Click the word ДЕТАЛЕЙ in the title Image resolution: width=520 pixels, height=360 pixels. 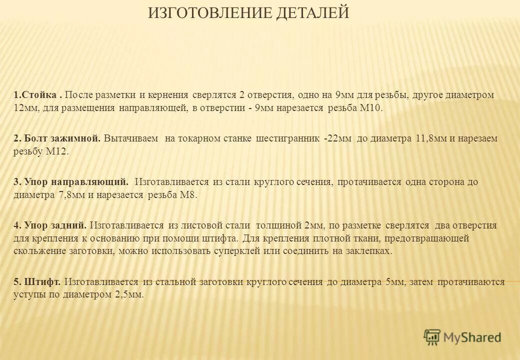[x=312, y=12]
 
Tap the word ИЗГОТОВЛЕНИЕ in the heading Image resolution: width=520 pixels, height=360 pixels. [x=210, y=12]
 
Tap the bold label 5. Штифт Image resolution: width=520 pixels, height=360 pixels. [x=37, y=282]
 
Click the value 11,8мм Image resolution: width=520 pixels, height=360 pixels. [x=431, y=138]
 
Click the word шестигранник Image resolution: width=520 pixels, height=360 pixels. [x=287, y=138]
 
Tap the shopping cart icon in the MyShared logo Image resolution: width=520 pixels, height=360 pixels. [x=432, y=337]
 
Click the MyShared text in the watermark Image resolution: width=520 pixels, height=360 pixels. [x=472, y=338]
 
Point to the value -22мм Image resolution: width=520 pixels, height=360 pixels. [x=337, y=138]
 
